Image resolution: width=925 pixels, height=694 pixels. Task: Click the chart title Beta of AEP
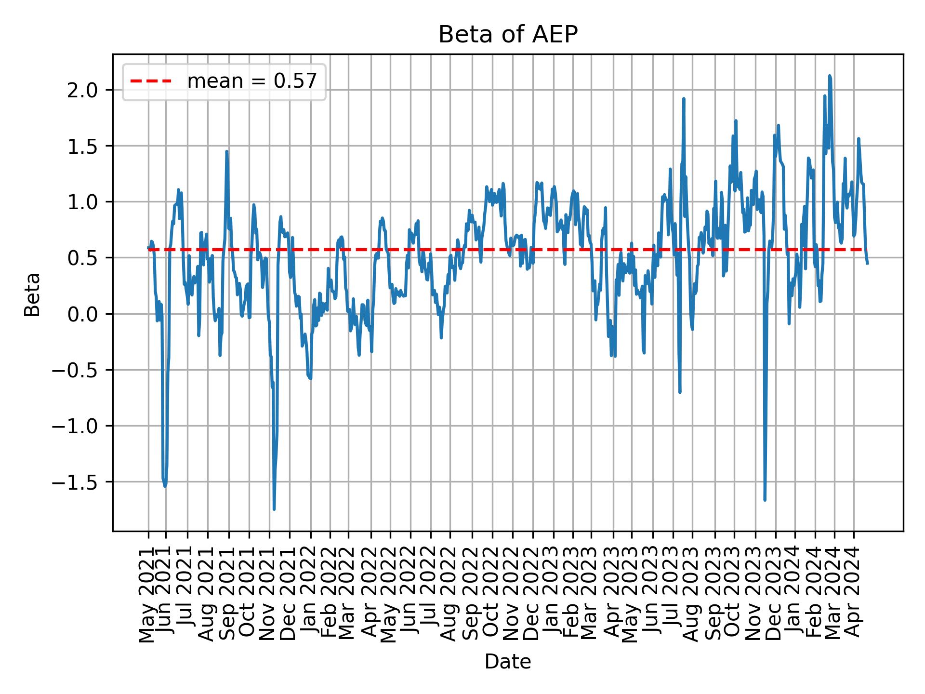508,35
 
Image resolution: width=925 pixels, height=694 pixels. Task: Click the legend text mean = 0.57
252,81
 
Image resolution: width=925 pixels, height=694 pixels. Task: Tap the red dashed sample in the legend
151,81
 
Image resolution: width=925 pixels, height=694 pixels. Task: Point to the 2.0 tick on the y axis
83,90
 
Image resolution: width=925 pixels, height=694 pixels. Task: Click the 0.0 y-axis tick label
83,314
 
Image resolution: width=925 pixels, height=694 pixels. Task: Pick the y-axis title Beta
32,294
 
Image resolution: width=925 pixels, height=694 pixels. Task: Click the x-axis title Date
508,662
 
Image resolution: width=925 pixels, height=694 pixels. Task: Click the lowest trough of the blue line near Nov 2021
274,509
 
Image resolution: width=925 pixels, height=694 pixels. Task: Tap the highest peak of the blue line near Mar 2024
830,76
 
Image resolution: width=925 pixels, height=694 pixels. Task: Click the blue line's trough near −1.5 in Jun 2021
165,486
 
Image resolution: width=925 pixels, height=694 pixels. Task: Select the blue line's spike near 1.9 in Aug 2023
684,99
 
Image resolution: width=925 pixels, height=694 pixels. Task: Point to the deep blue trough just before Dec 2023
765,500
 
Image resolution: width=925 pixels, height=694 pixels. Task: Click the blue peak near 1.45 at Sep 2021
226,152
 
